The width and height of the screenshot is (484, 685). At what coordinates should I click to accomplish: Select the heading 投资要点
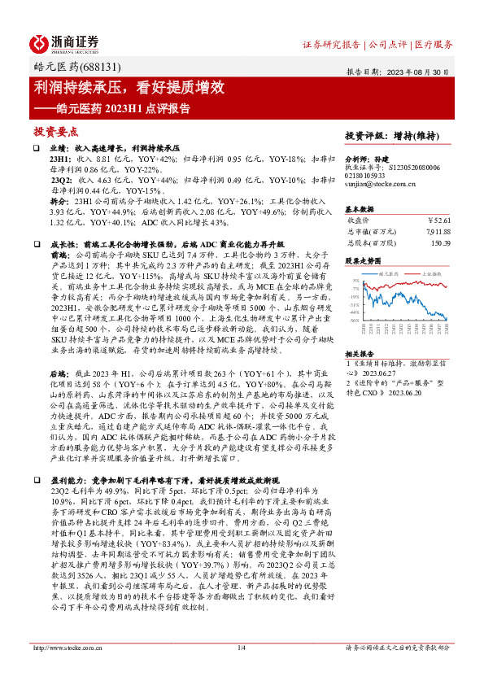pyautogui.click(x=56, y=130)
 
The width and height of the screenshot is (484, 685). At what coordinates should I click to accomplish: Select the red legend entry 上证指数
pyautogui.click(x=430, y=274)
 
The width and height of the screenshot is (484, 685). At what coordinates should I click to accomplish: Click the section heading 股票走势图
pyautogui.click(x=362, y=262)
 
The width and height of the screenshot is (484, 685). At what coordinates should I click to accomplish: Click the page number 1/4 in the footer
pyautogui.click(x=241, y=670)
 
